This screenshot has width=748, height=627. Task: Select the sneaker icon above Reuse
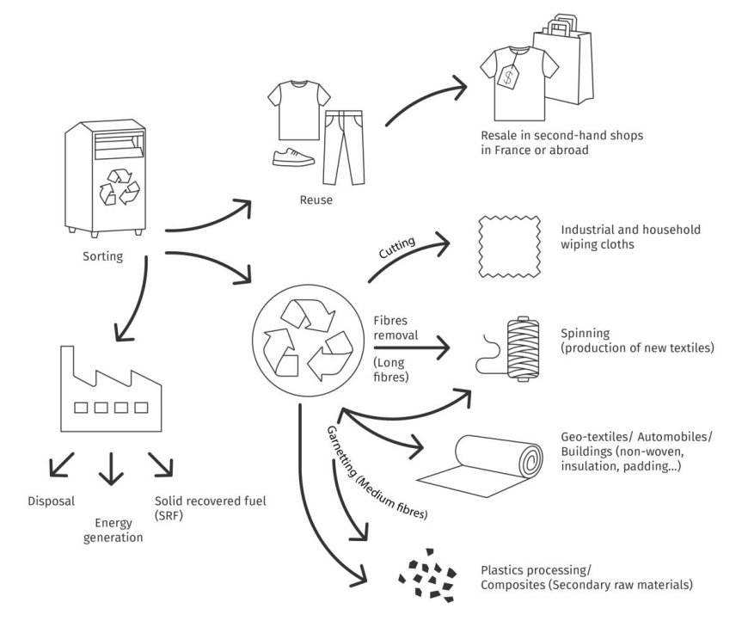(x=293, y=156)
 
